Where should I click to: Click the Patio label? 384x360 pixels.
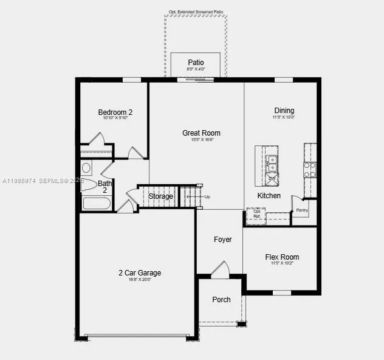pyautogui.click(x=196, y=63)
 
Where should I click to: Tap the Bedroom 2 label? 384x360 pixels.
pyautogui.click(x=115, y=112)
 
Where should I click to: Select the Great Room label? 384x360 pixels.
pyautogui.click(x=201, y=133)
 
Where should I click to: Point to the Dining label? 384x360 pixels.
pyautogui.click(x=284, y=111)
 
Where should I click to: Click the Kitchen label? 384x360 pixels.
pyautogui.click(x=269, y=195)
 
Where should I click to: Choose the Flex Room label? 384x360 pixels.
pyautogui.click(x=282, y=257)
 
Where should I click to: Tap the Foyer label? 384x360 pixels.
pyautogui.click(x=222, y=240)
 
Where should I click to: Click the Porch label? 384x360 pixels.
pyautogui.click(x=221, y=300)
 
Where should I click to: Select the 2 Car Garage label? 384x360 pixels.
pyautogui.click(x=140, y=273)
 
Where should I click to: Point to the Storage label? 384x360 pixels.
pyautogui.click(x=161, y=196)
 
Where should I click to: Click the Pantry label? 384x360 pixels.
pyautogui.click(x=302, y=210)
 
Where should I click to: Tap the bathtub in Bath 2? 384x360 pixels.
pyautogui.click(x=97, y=202)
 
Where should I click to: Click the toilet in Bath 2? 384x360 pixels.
pyautogui.click(x=88, y=184)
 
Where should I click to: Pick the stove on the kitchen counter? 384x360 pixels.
pyautogui.click(x=310, y=169)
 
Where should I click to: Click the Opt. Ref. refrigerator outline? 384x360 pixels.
pyautogui.click(x=256, y=216)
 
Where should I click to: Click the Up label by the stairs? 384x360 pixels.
pyautogui.click(x=207, y=196)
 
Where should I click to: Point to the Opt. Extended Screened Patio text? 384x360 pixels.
pyautogui.click(x=196, y=12)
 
